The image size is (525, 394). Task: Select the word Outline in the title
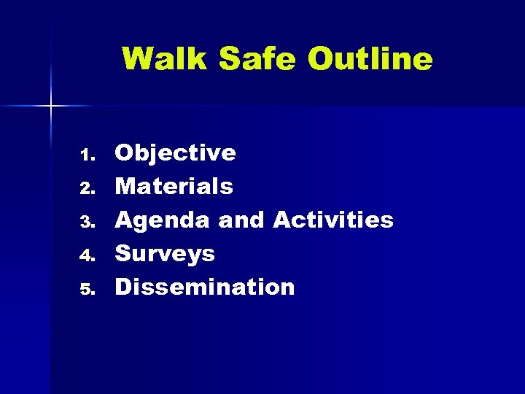(x=370, y=58)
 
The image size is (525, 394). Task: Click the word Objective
(x=176, y=153)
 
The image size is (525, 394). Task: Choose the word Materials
(x=174, y=187)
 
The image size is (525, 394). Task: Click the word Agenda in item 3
(x=163, y=220)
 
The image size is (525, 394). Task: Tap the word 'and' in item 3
(x=242, y=220)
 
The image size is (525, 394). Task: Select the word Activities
(x=333, y=220)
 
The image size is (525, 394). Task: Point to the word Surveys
(x=166, y=254)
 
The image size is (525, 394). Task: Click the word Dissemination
(x=205, y=287)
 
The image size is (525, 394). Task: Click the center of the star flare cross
(x=51, y=107)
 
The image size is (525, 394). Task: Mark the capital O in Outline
(x=319, y=58)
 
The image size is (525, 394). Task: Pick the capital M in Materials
(x=126, y=187)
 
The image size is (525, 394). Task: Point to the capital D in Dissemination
(x=124, y=287)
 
